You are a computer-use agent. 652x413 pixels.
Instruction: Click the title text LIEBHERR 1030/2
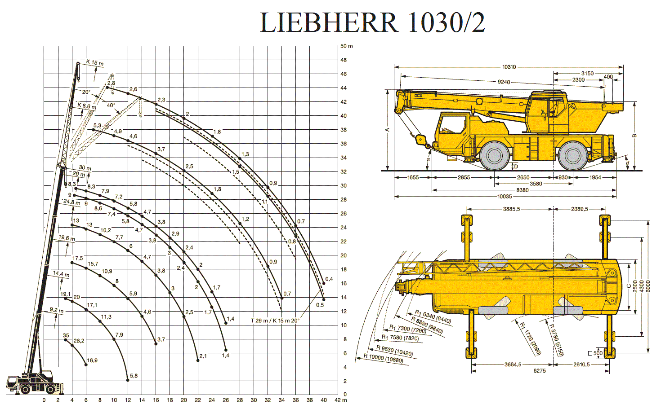[x=372, y=22]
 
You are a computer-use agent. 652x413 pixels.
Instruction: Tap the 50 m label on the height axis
[x=346, y=46]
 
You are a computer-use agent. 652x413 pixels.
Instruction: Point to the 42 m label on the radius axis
[x=340, y=400]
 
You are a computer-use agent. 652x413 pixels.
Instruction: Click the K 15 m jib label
[x=94, y=62]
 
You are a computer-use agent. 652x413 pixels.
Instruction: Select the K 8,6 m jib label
[x=87, y=106]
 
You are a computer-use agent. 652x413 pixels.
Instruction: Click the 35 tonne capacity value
[x=66, y=335]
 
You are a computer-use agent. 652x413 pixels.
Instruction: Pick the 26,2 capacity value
[x=79, y=341]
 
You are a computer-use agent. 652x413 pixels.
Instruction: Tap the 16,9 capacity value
[x=92, y=360]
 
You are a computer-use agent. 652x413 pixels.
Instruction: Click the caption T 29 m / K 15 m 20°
[x=275, y=321]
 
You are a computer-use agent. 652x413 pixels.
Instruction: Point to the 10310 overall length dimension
[x=509, y=67]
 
